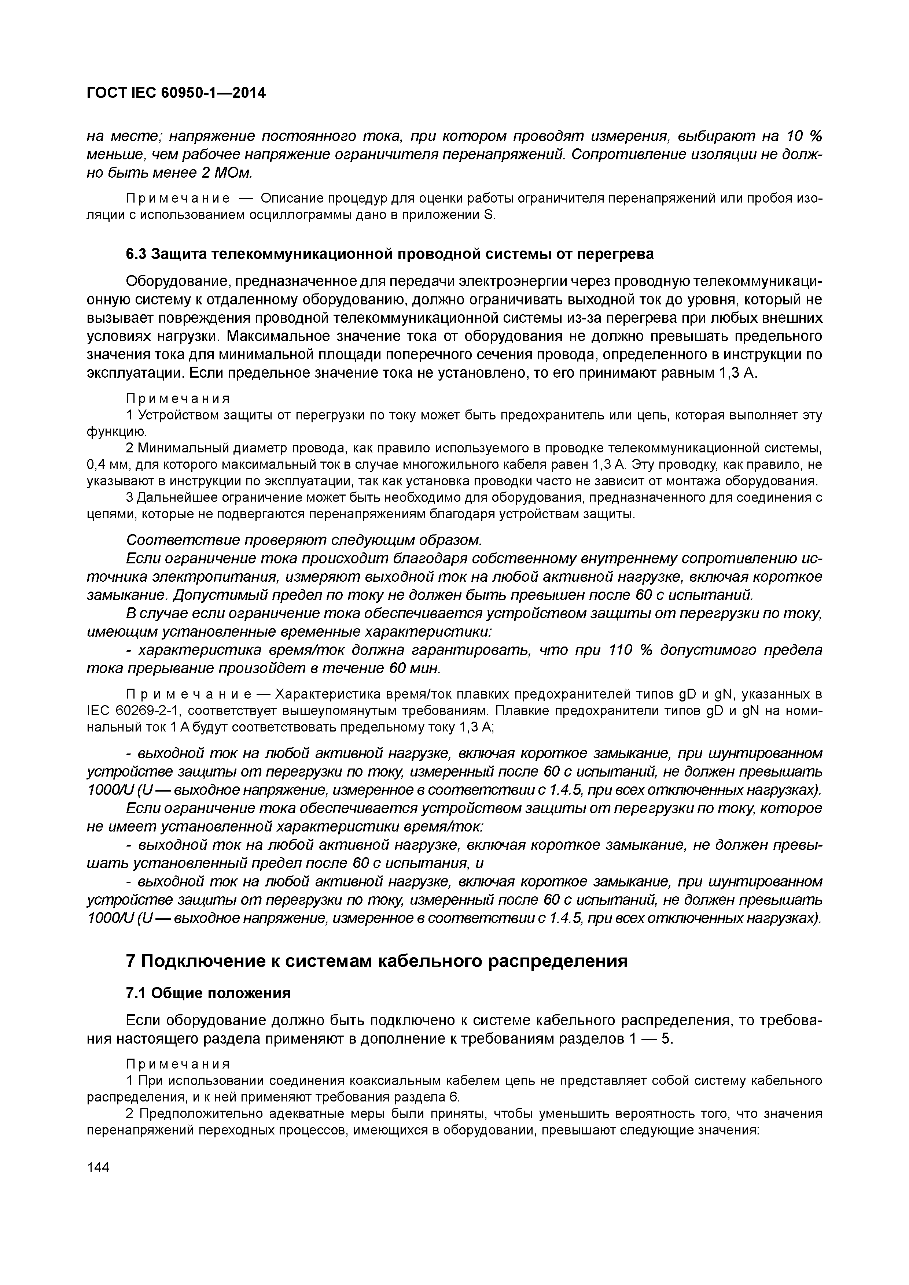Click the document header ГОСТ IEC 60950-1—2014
click(176, 93)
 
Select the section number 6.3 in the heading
click(136, 254)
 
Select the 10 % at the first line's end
click(803, 136)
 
